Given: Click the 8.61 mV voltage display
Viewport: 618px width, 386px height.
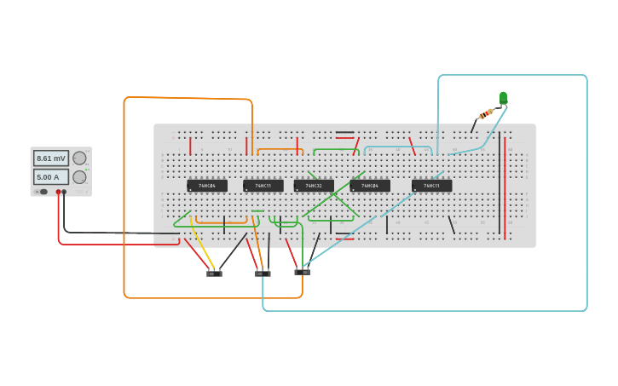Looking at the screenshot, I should pyautogui.click(x=50, y=158).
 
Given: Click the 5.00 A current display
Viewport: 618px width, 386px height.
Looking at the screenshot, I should pyautogui.click(x=50, y=177).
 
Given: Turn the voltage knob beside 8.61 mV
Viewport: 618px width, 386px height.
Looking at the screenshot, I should pyautogui.click(x=79, y=158).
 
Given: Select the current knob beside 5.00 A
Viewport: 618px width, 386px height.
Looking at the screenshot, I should pyautogui.click(x=79, y=177).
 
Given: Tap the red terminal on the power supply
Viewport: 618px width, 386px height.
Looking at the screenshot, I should pyautogui.click(x=58, y=192).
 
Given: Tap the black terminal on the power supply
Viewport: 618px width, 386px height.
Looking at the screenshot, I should pyautogui.click(x=64, y=192).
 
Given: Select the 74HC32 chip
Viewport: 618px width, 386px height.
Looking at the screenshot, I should pyautogui.click(x=314, y=186).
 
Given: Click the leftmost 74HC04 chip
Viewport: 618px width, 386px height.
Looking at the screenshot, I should pyautogui.click(x=207, y=186).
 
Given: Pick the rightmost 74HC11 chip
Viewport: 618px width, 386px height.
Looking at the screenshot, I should pyautogui.click(x=431, y=186).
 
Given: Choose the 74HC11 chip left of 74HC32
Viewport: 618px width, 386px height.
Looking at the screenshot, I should pyautogui.click(x=263, y=186).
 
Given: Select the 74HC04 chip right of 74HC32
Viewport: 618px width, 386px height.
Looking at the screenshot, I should pyautogui.click(x=370, y=186).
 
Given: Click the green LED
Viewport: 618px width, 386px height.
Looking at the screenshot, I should pyautogui.click(x=503, y=97).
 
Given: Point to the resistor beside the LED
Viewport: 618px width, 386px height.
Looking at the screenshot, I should pyautogui.click(x=486, y=114).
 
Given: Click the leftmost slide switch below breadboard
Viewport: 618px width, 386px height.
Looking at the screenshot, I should pyautogui.click(x=214, y=274).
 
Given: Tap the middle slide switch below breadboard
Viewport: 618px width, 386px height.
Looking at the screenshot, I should pyautogui.click(x=263, y=274).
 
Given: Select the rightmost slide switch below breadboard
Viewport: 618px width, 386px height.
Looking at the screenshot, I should pyautogui.click(x=303, y=272).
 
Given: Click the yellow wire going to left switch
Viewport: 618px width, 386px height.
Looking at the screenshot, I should pyautogui.click(x=201, y=246).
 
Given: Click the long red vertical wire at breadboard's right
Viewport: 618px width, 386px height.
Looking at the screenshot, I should pyautogui.click(x=505, y=187).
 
